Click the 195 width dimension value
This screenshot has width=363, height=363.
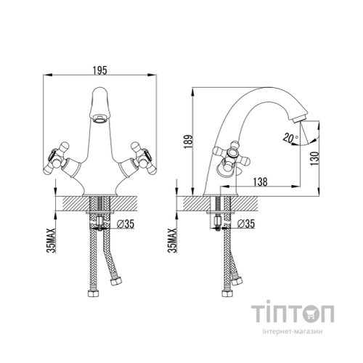pyautogui.click(x=101, y=69)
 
